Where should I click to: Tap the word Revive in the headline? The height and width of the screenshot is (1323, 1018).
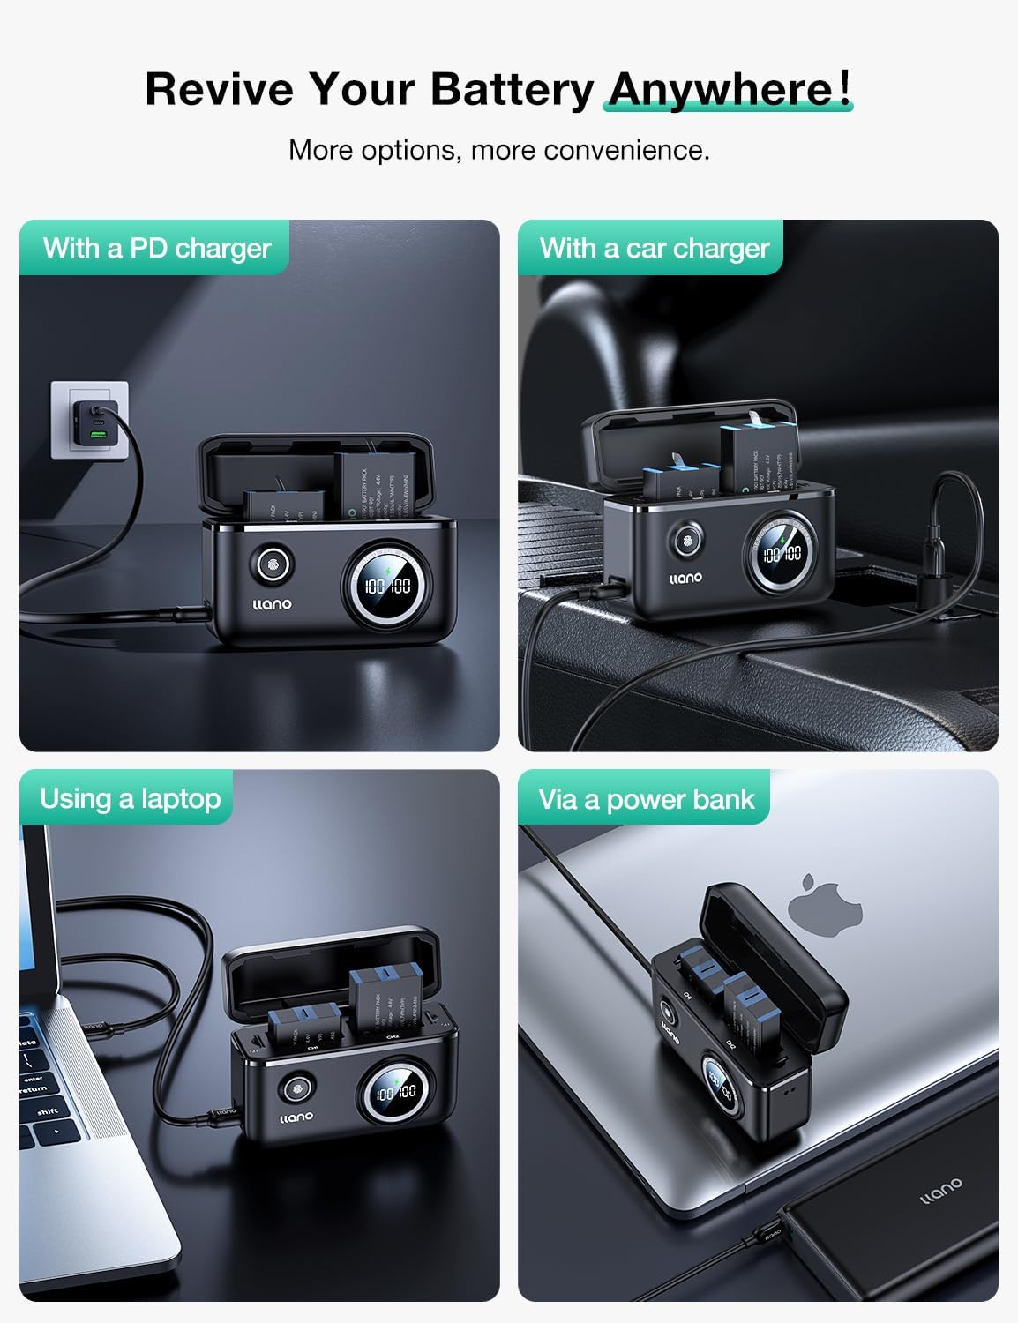coord(219,89)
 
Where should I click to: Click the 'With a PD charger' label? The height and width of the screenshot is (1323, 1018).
coord(156,248)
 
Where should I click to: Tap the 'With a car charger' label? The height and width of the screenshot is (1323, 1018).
coord(654,248)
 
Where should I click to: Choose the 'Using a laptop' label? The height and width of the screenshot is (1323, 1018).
coord(130,798)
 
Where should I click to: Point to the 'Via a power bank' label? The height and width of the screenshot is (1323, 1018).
coord(646,799)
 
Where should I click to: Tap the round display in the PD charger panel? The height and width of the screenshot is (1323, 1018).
coord(388,586)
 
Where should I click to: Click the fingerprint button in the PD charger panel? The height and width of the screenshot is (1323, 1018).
coord(271,565)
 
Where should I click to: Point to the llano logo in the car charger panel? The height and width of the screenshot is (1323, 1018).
coord(685,578)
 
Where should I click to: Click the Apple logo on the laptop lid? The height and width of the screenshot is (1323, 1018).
coord(811,900)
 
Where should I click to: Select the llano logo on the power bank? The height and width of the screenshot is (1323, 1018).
coord(940,1190)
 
